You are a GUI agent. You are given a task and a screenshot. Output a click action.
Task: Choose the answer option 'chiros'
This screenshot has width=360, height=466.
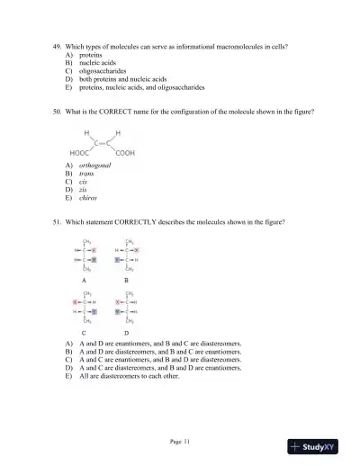tap(88, 198)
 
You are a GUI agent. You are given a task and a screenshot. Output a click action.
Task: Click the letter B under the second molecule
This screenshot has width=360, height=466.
tap(125, 281)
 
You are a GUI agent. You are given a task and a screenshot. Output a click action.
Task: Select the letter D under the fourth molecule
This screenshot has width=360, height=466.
tap(125, 332)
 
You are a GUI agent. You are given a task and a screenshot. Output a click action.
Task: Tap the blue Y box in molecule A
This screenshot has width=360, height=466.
tap(94, 258)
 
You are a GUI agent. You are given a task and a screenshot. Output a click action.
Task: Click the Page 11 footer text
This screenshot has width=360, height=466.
tap(180, 441)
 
